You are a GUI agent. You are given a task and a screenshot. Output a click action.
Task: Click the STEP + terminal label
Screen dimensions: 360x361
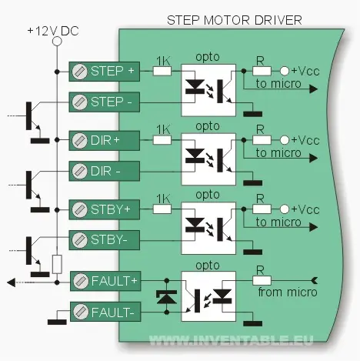point(112,71)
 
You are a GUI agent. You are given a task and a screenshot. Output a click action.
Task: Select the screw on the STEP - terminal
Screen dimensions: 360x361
point(79,102)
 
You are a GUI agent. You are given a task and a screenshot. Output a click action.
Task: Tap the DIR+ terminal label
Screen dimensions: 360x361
point(105,140)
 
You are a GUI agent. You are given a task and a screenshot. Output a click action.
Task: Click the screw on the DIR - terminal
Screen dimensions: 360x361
point(79,171)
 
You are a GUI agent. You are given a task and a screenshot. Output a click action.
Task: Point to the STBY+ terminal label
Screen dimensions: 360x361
point(111,209)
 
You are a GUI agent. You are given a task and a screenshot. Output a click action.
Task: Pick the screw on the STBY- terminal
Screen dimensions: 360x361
point(79,240)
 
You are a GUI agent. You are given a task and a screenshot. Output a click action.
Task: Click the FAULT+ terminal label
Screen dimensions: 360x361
point(115,281)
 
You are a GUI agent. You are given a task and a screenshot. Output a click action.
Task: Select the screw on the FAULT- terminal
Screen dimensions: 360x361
point(81,312)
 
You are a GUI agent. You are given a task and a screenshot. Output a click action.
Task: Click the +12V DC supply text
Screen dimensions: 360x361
point(53,31)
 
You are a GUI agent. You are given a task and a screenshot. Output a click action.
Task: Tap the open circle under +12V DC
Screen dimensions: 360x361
point(57,41)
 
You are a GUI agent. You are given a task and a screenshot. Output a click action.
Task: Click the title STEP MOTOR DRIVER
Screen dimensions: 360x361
point(235,20)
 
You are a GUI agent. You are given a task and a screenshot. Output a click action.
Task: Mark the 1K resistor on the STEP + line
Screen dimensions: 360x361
point(162,71)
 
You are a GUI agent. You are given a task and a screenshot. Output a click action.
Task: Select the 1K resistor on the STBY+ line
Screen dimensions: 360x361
point(162,209)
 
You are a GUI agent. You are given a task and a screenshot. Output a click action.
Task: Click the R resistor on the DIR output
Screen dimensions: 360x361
point(262,140)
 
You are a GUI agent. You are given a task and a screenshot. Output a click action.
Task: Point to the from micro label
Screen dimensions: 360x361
point(288,292)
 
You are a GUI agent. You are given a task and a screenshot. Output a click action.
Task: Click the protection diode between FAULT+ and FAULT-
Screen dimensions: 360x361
point(167,297)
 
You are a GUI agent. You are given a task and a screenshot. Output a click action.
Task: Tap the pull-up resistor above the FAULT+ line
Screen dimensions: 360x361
point(57,264)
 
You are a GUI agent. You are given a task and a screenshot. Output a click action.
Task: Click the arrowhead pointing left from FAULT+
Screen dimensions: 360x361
point(12,282)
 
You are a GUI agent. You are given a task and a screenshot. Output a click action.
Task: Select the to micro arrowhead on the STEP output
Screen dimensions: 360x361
point(314,89)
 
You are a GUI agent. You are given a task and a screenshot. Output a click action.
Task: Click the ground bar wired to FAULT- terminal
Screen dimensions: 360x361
point(57,322)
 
